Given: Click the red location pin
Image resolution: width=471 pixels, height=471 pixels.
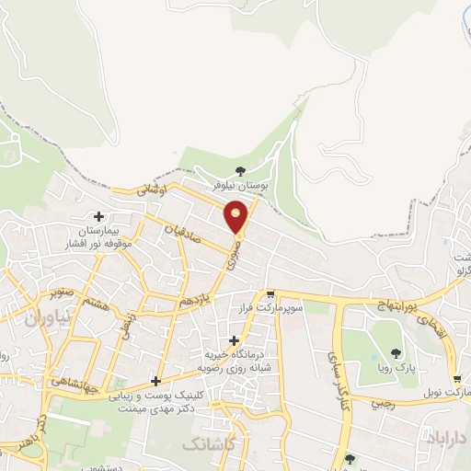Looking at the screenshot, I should (x=236, y=216).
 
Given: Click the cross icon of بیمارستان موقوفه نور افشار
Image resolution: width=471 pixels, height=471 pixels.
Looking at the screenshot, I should (x=98, y=216).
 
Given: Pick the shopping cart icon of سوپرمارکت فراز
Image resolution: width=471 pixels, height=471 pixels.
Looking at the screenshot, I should (x=270, y=295).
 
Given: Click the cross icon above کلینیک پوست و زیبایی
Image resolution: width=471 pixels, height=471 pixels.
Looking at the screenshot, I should (x=155, y=381).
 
